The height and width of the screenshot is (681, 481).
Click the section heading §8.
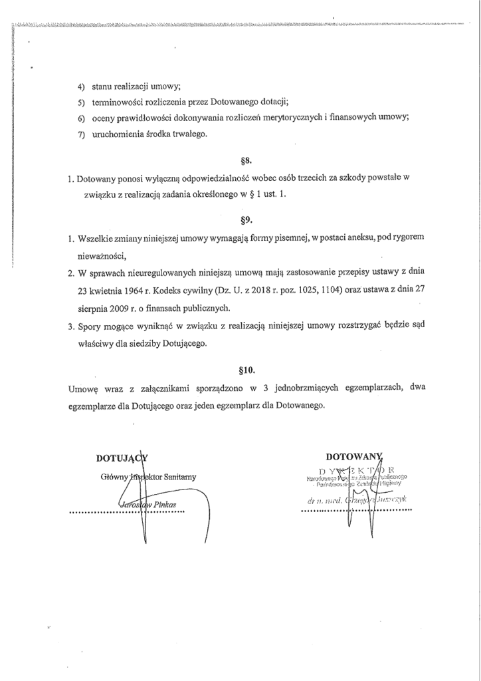click(242, 161)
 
